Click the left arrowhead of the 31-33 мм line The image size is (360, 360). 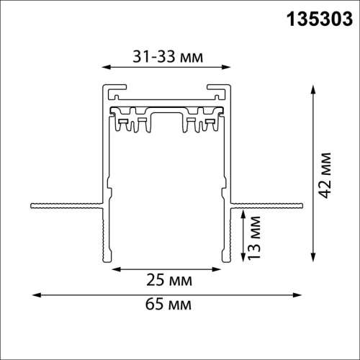(105, 69)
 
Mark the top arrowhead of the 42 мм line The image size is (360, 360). (313, 89)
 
